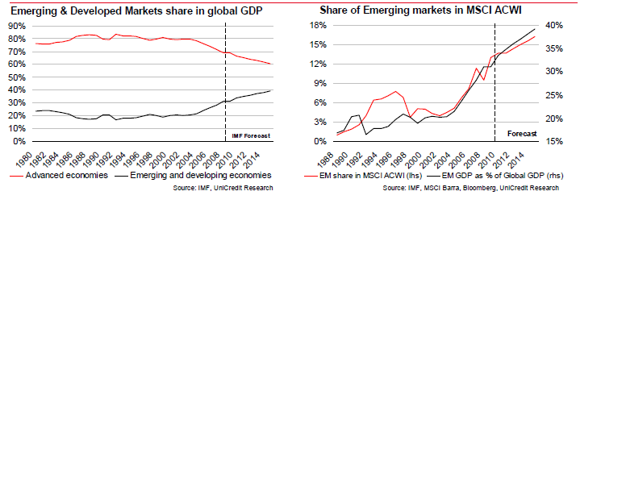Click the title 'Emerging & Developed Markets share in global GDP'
[138, 10]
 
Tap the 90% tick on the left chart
[18, 26]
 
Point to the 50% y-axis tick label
[18, 77]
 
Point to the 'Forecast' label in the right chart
[520, 134]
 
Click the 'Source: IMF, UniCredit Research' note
[223, 188]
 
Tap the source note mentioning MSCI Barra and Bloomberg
[470, 188]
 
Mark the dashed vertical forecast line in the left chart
[226, 81]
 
